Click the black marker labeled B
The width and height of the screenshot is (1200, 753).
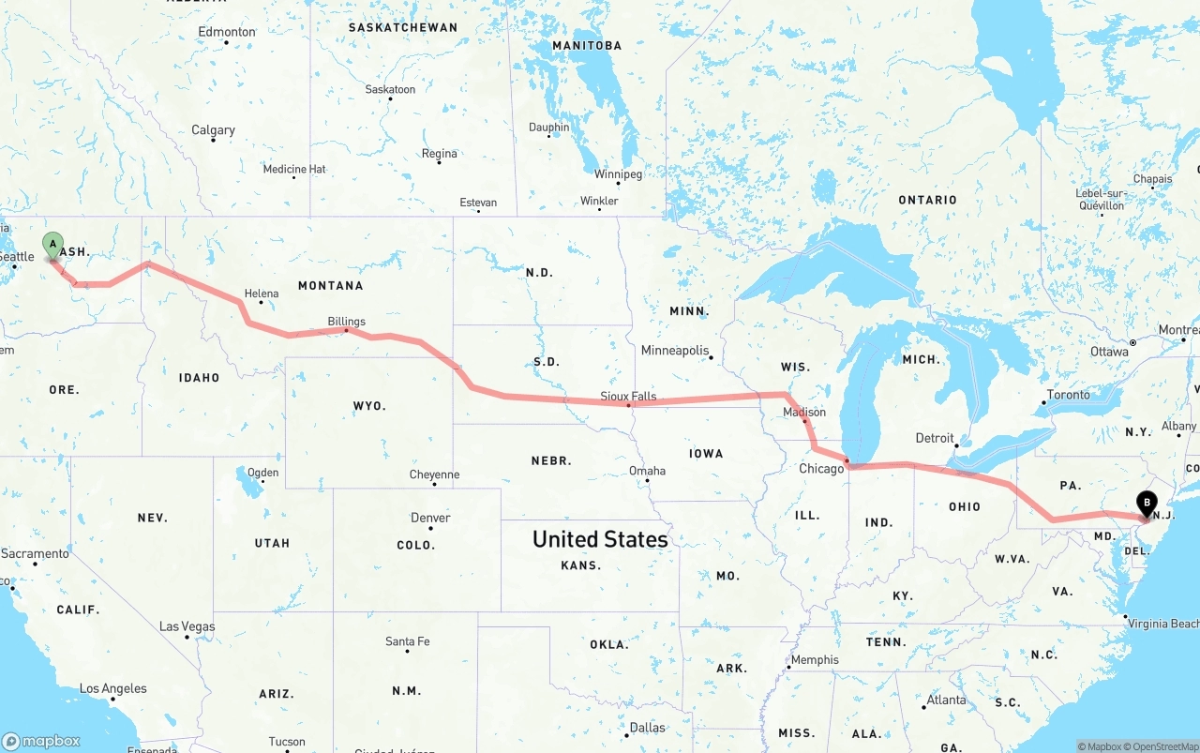1146,504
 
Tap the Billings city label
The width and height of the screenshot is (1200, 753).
346,322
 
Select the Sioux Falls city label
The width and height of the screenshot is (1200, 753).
628,397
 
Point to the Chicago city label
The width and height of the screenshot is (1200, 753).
821,469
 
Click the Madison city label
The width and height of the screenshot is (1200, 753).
804,412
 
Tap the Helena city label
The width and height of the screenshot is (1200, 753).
262,294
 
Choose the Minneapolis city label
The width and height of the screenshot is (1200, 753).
675,351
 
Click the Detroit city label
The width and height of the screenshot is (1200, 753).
935,438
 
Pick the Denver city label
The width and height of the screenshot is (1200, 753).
430,518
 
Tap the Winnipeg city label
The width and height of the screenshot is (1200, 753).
618,174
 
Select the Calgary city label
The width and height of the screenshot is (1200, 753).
213,130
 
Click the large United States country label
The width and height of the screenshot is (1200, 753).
600,539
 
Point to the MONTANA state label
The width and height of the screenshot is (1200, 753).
330,285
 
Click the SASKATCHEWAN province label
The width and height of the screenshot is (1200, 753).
403,27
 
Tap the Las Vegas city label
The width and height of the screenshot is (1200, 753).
187,626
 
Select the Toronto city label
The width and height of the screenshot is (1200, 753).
1068,395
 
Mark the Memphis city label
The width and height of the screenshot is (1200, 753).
815,660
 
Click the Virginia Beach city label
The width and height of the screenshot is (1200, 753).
1162,624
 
